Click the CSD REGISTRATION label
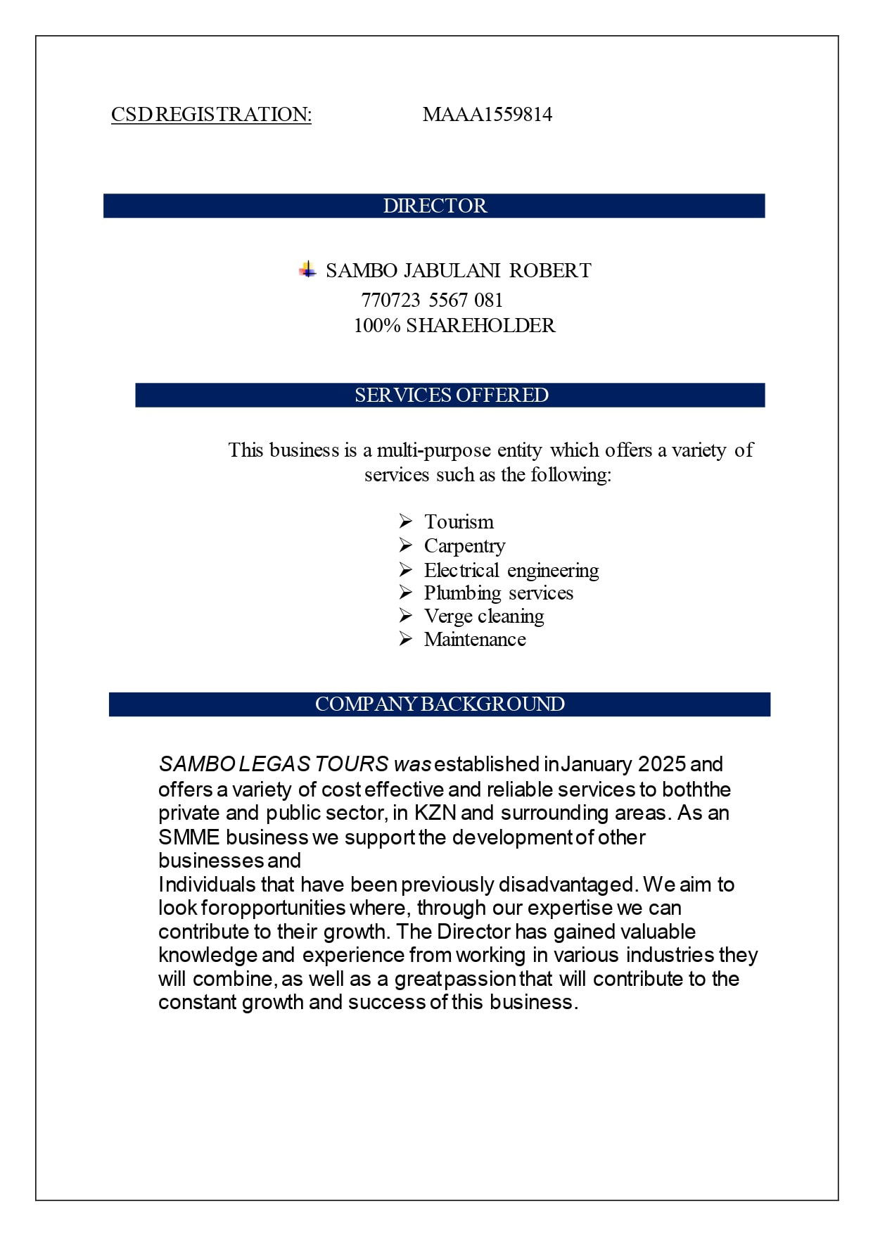211,115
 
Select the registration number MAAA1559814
487,115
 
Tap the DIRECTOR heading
434,205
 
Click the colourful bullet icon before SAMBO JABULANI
307,269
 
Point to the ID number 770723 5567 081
432,300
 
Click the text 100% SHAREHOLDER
454,326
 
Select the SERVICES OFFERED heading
451,395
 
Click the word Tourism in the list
459,522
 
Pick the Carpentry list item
464,546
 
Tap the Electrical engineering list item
511,570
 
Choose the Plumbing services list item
498,593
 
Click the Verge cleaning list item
484,616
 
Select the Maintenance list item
475,640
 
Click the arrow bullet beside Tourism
405,521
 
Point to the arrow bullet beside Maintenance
405,638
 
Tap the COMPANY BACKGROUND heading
440,704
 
